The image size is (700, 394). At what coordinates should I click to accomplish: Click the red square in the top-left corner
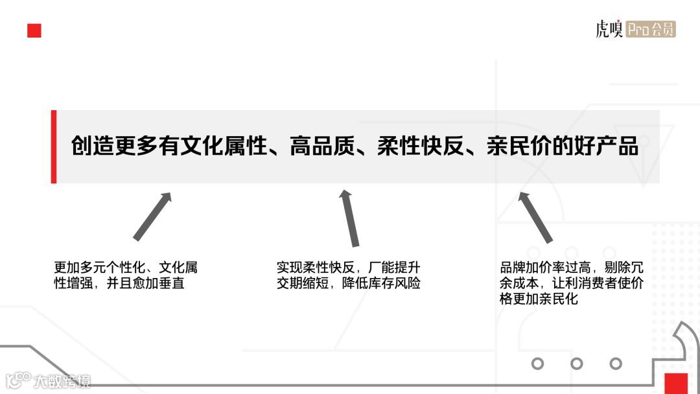click(x=34, y=31)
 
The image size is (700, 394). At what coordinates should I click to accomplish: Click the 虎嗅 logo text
click(x=609, y=30)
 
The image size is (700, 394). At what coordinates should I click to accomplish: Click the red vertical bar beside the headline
click(x=54, y=146)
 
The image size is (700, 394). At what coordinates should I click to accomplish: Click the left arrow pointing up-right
click(x=152, y=216)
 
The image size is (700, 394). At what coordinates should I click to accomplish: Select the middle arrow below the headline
click(x=350, y=218)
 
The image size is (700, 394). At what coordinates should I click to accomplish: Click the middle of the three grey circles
click(x=576, y=364)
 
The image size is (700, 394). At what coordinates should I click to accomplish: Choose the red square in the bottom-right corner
click(x=675, y=383)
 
